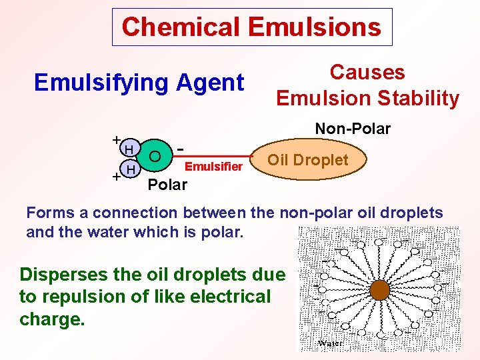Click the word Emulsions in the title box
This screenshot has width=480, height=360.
click(x=315, y=27)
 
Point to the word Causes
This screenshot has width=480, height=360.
click(x=367, y=72)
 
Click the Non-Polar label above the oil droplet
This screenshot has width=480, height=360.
click(x=353, y=128)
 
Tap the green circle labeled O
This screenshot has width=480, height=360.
click(x=155, y=156)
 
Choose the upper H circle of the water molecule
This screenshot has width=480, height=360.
click(x=131, y=147)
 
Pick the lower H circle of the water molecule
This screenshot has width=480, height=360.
click(x=131, y=171)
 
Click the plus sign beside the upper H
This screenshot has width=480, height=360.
click(x=116, y=140)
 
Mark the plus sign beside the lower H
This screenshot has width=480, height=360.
click(x=116, y=177)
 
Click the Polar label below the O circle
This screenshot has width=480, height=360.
click(x=167, y=185)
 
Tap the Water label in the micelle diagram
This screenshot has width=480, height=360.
click(x=331, y=343)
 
